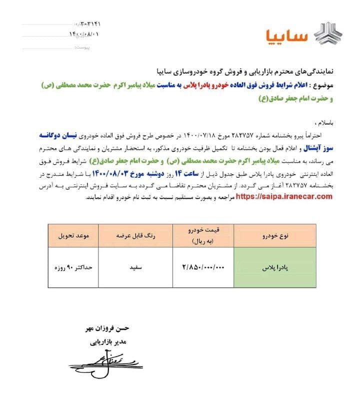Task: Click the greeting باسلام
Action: click(321, 122)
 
